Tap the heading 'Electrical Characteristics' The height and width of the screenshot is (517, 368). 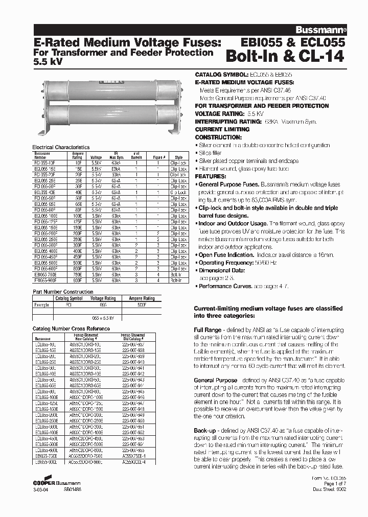[61, 147]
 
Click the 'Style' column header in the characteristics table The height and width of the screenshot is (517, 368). [179, 157]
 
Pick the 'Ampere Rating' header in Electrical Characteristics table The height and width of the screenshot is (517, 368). [78, 155]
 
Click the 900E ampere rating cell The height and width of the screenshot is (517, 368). [78, 280]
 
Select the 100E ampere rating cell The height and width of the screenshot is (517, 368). [78, 216]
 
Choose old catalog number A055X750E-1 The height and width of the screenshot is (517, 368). [134, 456]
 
